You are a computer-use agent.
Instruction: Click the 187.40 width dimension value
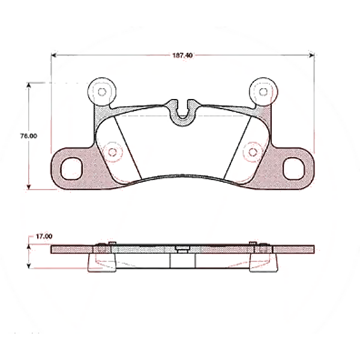[182, 55]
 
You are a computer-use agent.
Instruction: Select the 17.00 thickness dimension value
[44, 237]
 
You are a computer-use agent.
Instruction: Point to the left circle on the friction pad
[110, 151]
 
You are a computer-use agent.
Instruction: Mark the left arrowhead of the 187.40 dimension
[53, 55]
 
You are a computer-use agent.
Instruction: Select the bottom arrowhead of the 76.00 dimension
[29, 187]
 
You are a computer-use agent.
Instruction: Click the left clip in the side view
[102, 258]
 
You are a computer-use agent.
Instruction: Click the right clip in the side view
[262, 258]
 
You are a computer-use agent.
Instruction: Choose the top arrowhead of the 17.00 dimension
[29, 244]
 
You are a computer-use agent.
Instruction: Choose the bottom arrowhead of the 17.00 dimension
[29, 268]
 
